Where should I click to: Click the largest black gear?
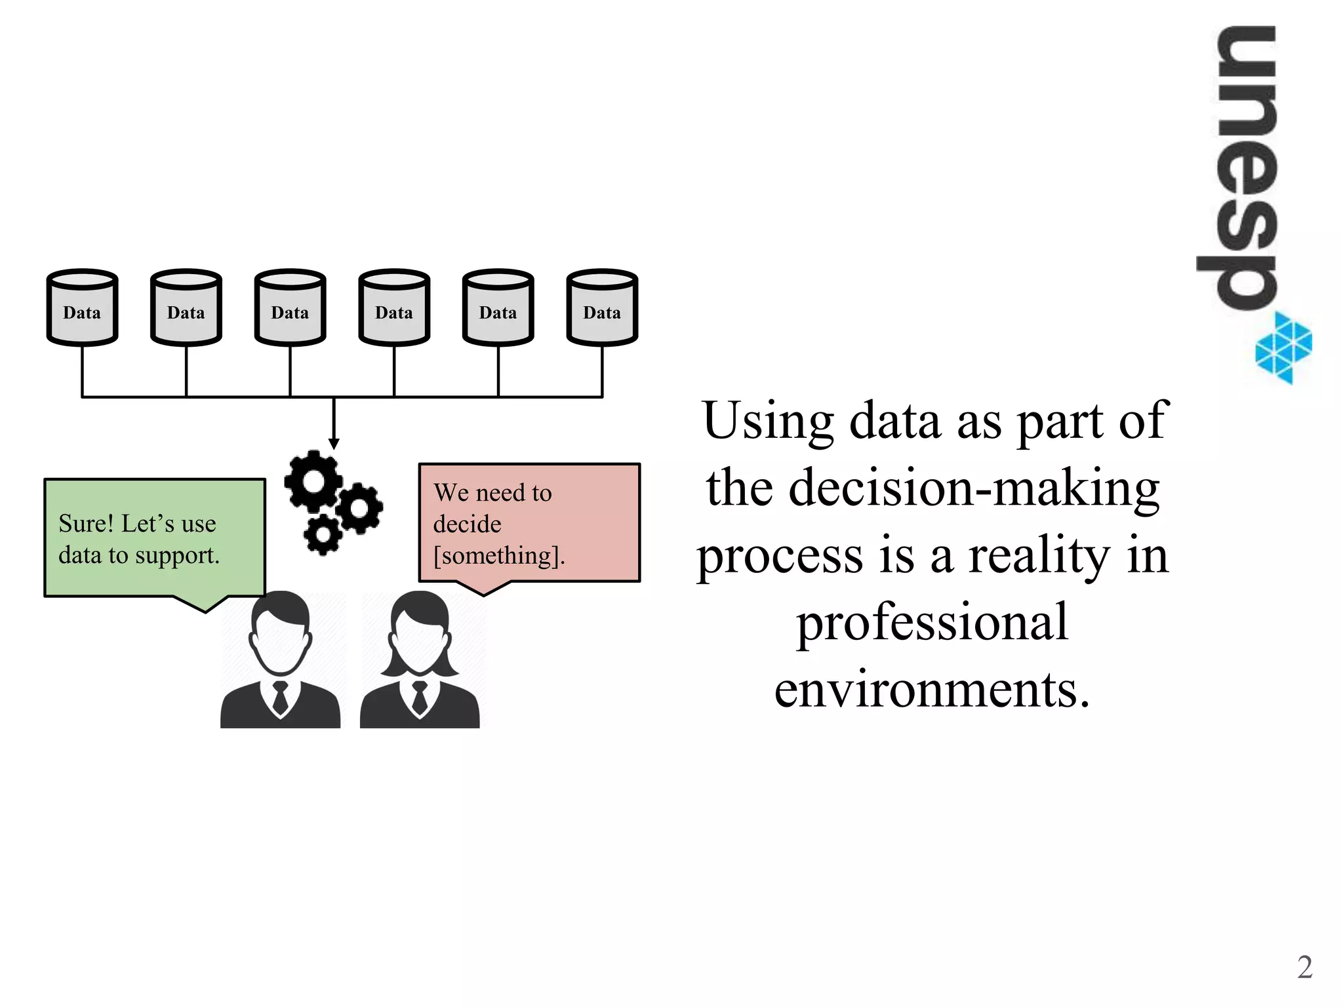[313, 482]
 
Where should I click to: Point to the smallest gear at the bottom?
[322, 534]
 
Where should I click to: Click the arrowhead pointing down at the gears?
[334, 444]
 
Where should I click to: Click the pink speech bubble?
[529, 523]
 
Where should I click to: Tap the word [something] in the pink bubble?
[499, 556]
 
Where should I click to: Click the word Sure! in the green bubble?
[86, 524]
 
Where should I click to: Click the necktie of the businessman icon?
[280, 698]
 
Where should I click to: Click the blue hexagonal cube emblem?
[1283, 347]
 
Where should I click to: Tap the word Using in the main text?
[768, 421]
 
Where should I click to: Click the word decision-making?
[974, 488]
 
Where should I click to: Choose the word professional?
[932, 623]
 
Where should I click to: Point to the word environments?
[932, 690]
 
